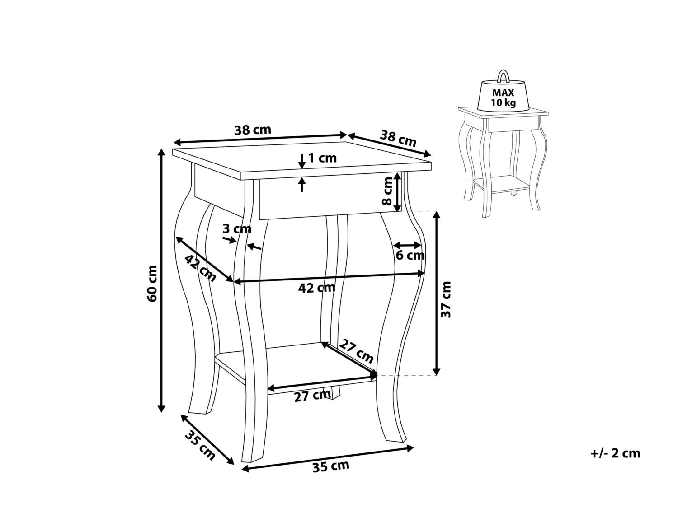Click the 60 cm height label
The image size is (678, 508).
(152, 284)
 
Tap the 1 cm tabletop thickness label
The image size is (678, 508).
(322, 158)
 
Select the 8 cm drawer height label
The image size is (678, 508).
(387, 191)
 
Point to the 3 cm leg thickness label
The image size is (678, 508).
(237, 229)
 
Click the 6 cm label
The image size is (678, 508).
(410, 256)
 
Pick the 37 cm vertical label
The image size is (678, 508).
(447, 299)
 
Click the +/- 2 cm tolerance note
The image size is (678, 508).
(615, 453)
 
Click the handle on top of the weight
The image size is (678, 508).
(503, 76)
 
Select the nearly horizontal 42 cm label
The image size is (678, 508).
(317, 288)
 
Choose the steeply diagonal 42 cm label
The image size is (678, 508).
(201, 268)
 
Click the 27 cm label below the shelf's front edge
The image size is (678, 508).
(312, 396)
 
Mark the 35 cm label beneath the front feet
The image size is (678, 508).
(331, 466)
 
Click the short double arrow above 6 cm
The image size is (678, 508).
(408, 246)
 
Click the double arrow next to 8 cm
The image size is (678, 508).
(397, 192)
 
